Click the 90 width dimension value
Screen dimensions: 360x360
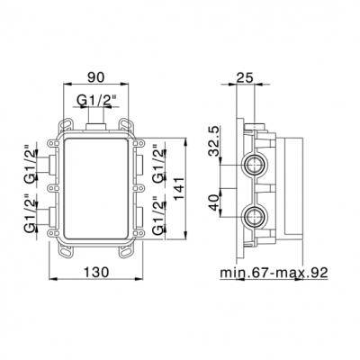tap(96, 77)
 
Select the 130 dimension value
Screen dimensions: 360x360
tap(96, 273)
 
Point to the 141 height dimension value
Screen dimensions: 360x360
tap(179, 189)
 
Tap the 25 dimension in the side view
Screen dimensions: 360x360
tap(245, 77)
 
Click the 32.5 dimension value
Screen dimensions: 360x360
tap(213, 140)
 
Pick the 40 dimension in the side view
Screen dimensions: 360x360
tap(213, 202)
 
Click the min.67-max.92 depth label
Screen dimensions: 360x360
tap(274, 273)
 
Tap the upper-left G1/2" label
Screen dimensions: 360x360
tap(30, 164)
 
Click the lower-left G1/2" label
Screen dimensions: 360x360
tap(30, 213)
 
